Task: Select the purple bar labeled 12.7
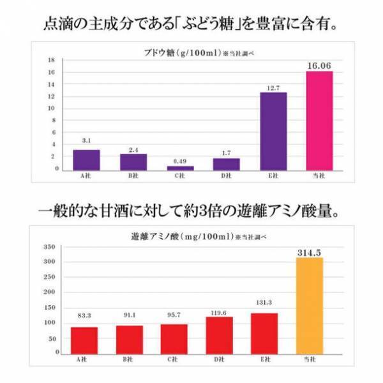point(273,131)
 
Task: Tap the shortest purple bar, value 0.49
point(180,168)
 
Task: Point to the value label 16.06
point(320,64)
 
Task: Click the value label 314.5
point(310,253)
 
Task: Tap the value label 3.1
point(86,140)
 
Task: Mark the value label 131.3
point(265,304)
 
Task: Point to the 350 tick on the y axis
point(52,246)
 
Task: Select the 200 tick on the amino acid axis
point(52,292)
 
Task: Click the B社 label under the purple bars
point(133,176)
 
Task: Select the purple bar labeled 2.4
point(133,162)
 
